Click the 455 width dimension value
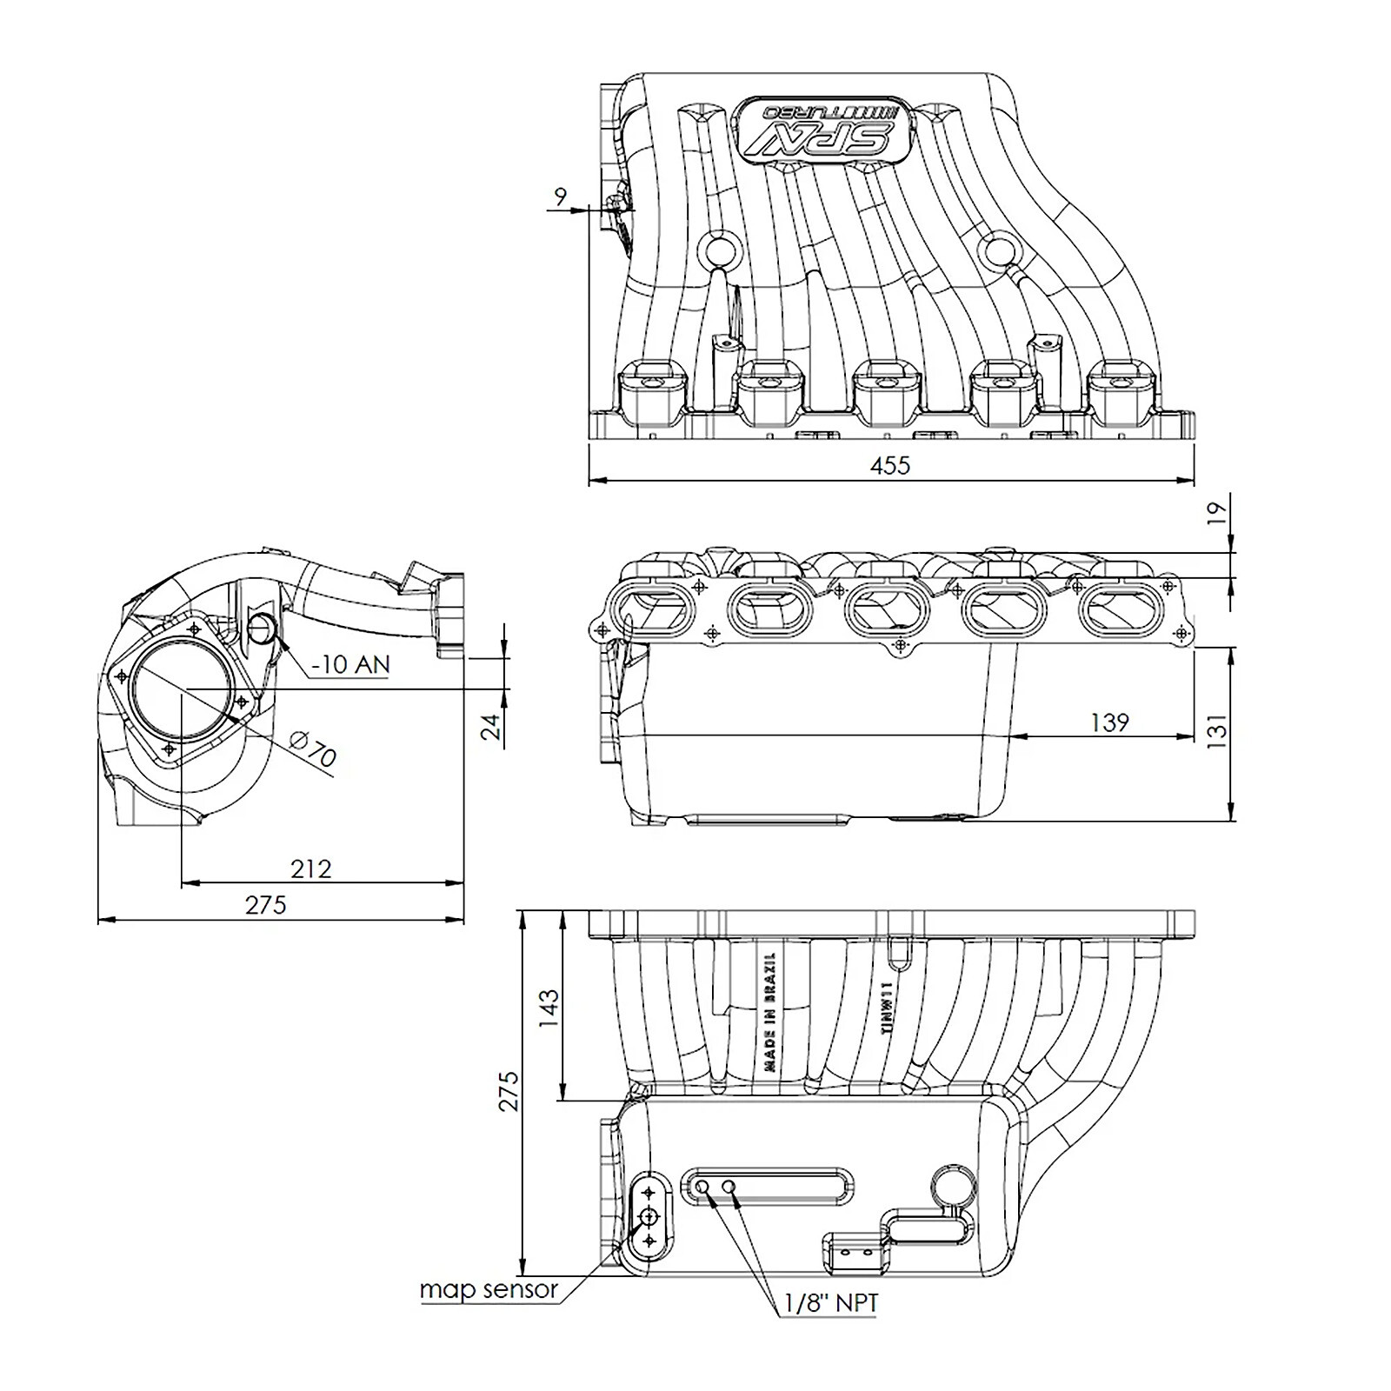[x=889, y=465]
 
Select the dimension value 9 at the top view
[x=560, y=196]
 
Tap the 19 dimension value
[x=1219, y=512]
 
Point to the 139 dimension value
[x=1109, y=722]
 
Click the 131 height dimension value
[x=1218, y=731]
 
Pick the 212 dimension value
[x=310, y=869]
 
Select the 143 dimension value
[x=549, y=1008]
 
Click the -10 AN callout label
[x=350, y=664]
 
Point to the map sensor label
[x=488, y=1289]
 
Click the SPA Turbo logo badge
[x=822, y=127]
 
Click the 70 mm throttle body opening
[x=182, y=689]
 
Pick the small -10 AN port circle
[x=262, y=628]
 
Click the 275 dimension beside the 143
[x=509, y=1090]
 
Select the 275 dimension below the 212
[x=265, y=905]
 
